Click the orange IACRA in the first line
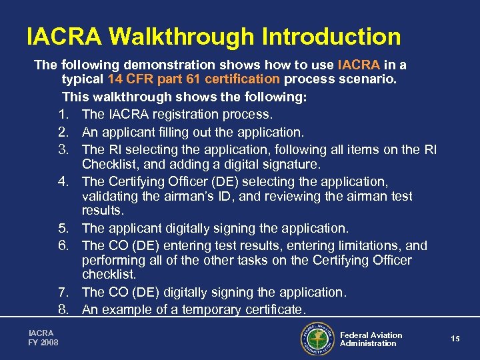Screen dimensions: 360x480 point(359,65)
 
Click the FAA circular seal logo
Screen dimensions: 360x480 point(318,339)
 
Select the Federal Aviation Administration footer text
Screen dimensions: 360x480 point(371,339)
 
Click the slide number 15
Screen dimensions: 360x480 point(455,339)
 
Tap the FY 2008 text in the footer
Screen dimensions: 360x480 point(43,343)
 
